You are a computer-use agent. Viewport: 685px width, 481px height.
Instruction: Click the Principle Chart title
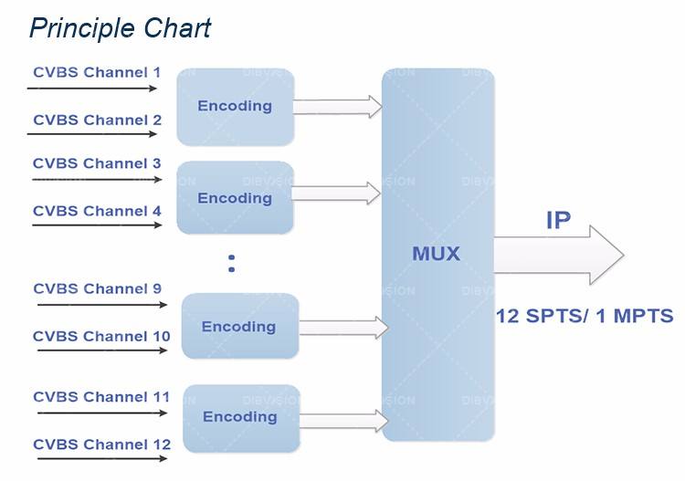[120, 27]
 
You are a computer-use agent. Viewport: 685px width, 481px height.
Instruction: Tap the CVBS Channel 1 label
[97, 72]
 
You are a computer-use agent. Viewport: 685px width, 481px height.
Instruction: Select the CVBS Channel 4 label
[97, 211]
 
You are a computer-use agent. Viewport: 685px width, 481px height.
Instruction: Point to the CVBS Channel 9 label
[97, 288]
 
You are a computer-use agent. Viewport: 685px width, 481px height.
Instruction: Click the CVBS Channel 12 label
[101, 444]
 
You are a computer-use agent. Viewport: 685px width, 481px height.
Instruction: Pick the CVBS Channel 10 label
[101, 336]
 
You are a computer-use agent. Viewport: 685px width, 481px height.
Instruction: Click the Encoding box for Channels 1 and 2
[235, 106]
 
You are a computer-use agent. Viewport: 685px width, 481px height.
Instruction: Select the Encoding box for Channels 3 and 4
[235, 198]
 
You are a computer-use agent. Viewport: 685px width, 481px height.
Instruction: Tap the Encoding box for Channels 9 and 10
[239, 327]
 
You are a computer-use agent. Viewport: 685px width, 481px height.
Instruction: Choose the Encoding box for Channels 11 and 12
[239, 417]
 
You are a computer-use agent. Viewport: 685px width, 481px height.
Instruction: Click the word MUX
[436, 254]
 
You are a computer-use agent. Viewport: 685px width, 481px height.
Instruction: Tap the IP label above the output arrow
[558, 220]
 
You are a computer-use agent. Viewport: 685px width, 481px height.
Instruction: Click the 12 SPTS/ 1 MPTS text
[585, 317]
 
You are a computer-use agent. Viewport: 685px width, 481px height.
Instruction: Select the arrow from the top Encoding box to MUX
[337, 107]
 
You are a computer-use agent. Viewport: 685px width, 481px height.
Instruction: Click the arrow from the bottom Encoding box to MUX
[343, 420]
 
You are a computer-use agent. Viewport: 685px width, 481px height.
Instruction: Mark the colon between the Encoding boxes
[232, 264]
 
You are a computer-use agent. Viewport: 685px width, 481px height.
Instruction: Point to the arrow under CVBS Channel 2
[92, 134]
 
